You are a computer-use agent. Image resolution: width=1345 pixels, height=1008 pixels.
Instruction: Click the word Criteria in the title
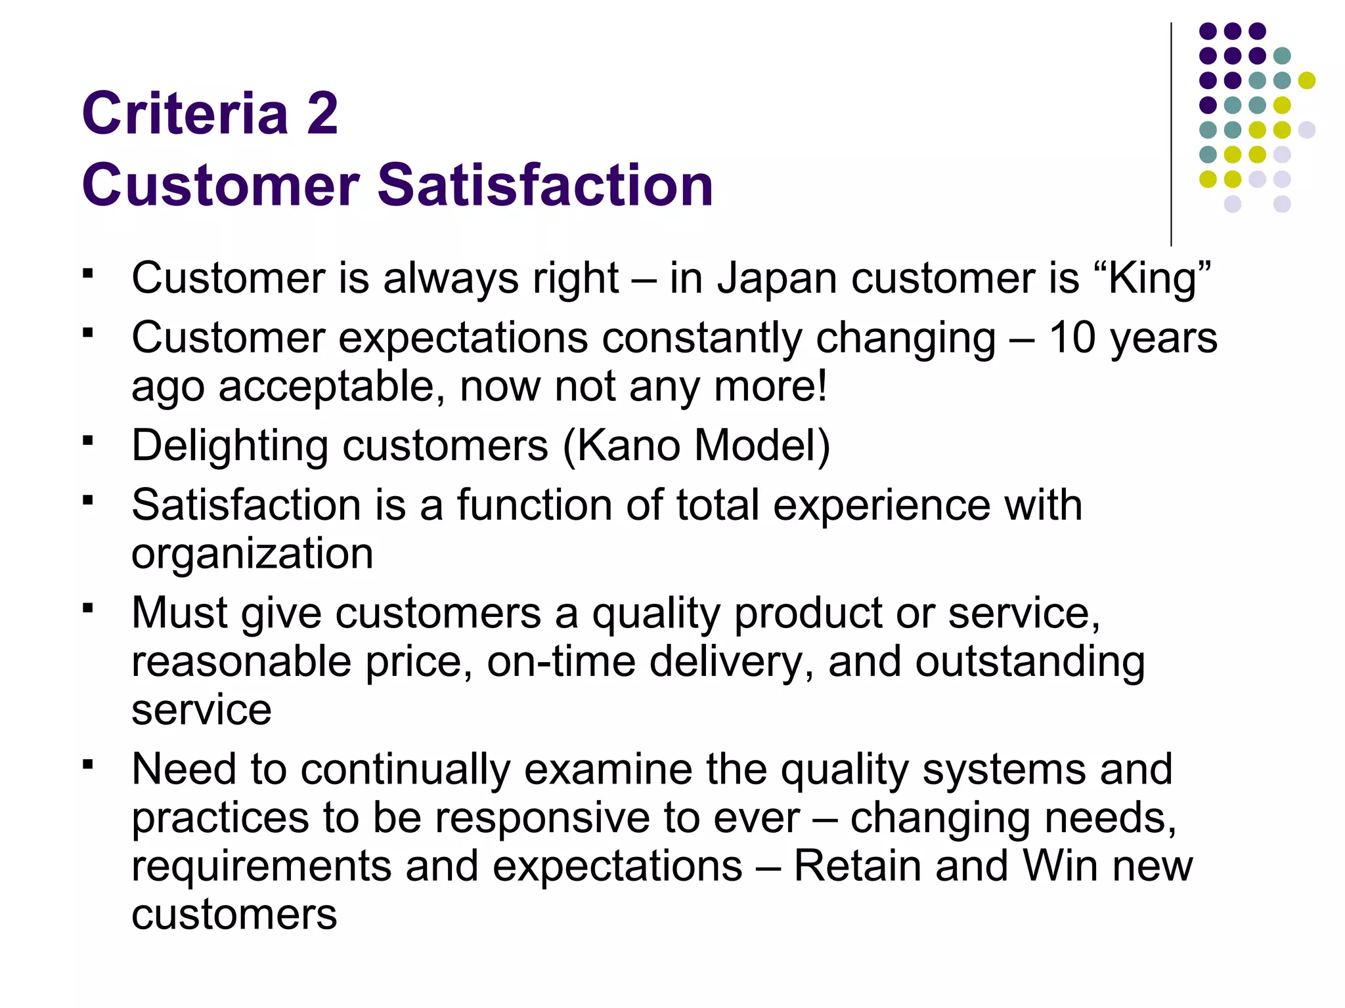[185, 114]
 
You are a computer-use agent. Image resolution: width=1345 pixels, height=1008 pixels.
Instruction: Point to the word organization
[252, 554]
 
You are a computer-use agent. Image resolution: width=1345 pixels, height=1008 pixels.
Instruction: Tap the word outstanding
[1030, 661]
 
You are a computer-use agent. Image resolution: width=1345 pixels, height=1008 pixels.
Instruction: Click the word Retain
[858, 866]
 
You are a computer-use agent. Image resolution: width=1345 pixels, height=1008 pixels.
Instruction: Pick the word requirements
[261, 866]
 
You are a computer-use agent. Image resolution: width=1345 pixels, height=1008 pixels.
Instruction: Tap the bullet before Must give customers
[88, 608]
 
